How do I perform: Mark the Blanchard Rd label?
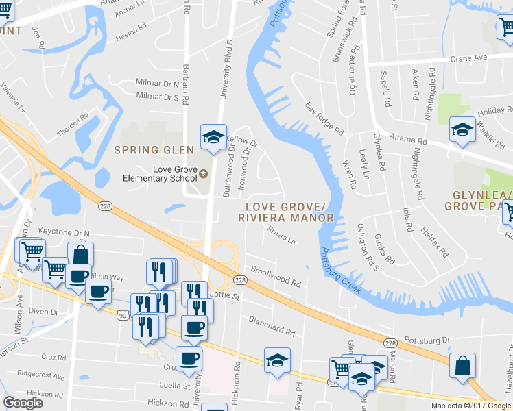click(272, 325)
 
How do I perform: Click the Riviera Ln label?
click(281, 236)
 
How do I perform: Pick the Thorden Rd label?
click(73, 124)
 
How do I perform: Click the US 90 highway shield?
click(122, 314)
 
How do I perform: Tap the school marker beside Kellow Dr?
click(213, 137)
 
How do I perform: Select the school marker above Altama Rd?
click(462, 129)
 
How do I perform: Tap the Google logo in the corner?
click(23, 403)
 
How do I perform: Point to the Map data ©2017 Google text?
click(471, 406)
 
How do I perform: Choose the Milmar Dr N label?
click(157, 84)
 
